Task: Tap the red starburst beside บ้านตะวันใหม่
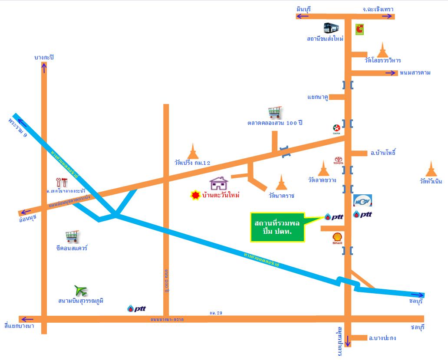point(196,195)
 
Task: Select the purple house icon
point(219,183)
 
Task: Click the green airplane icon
point(81,290)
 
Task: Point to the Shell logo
point(337,238)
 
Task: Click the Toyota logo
point(338,160)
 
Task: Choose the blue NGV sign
point(362,201)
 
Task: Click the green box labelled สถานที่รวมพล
point(277,227)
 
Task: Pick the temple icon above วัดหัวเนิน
point(431,169)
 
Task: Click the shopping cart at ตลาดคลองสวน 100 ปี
point(274,113)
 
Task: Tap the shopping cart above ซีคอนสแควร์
point(72,236)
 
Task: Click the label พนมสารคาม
point(415,72)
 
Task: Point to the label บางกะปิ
point(46,57)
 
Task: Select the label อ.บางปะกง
point(382,338)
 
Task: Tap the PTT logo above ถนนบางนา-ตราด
point(136,308)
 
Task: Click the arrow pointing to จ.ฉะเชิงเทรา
point(386,16)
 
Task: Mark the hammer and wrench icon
point(62,182)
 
